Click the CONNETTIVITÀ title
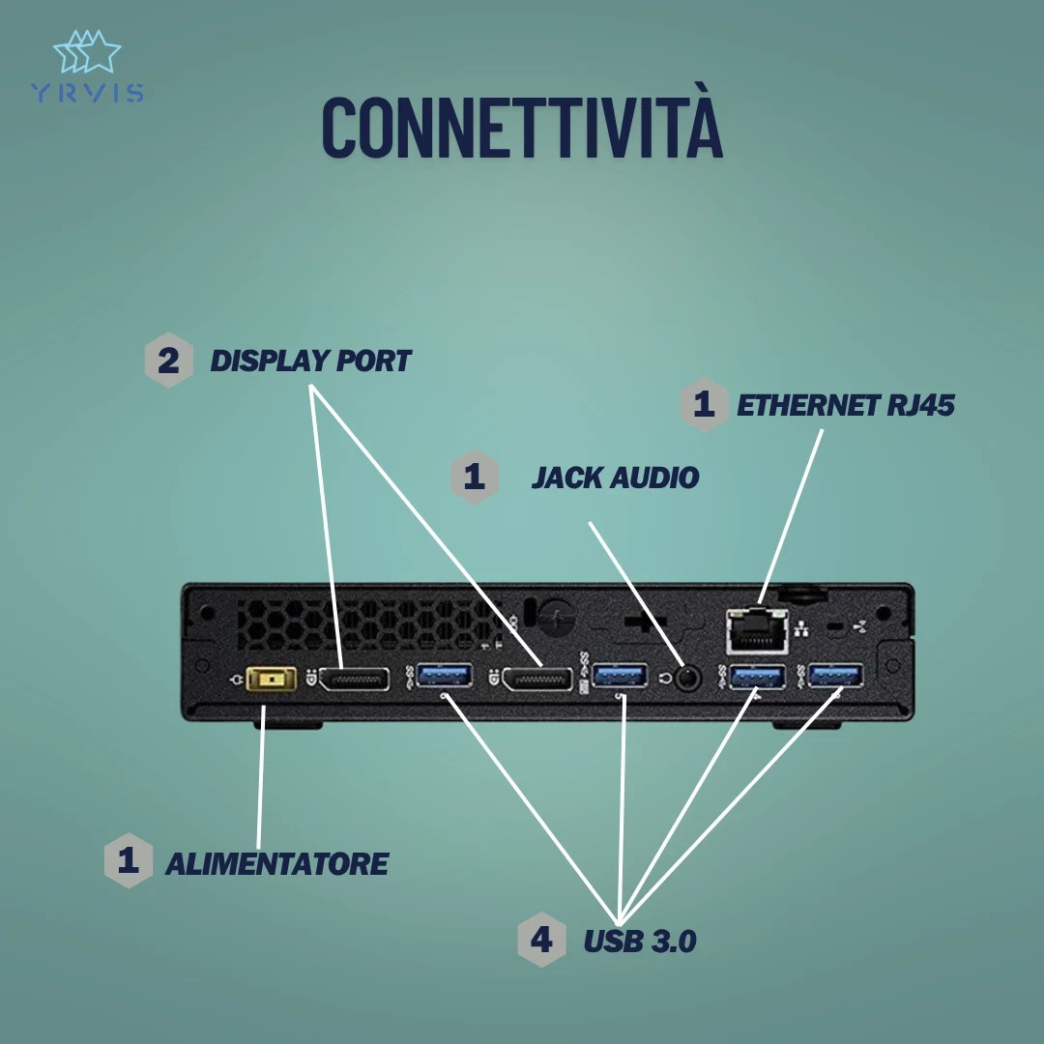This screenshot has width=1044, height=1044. [x=522, y=126]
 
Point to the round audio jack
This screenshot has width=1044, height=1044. [x=687, y=678]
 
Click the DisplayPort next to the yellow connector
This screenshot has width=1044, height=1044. [x=355, y=680]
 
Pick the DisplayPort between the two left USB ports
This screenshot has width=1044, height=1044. [x=536, y=680]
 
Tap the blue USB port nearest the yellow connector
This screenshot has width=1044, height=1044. [x=445, y=676]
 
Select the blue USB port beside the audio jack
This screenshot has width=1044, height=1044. [x=620, y=676]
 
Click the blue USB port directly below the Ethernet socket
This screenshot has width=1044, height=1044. [x=757, y=677]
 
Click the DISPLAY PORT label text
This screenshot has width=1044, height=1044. [x=310, y=362]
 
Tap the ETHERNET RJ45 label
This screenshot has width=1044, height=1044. [x=846, y=405]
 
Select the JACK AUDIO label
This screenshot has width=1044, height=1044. [x=615, y=478]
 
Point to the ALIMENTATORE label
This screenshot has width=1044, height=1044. [x=276, y=863]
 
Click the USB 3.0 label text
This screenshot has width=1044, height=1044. [x=639, y=941]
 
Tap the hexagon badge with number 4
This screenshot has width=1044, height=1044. [x=541, y=940]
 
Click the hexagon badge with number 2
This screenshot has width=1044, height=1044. [x=169, y=362]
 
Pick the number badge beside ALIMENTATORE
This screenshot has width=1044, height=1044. [x=129, y=860]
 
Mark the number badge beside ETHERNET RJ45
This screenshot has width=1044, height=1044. [x=704, y=404]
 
